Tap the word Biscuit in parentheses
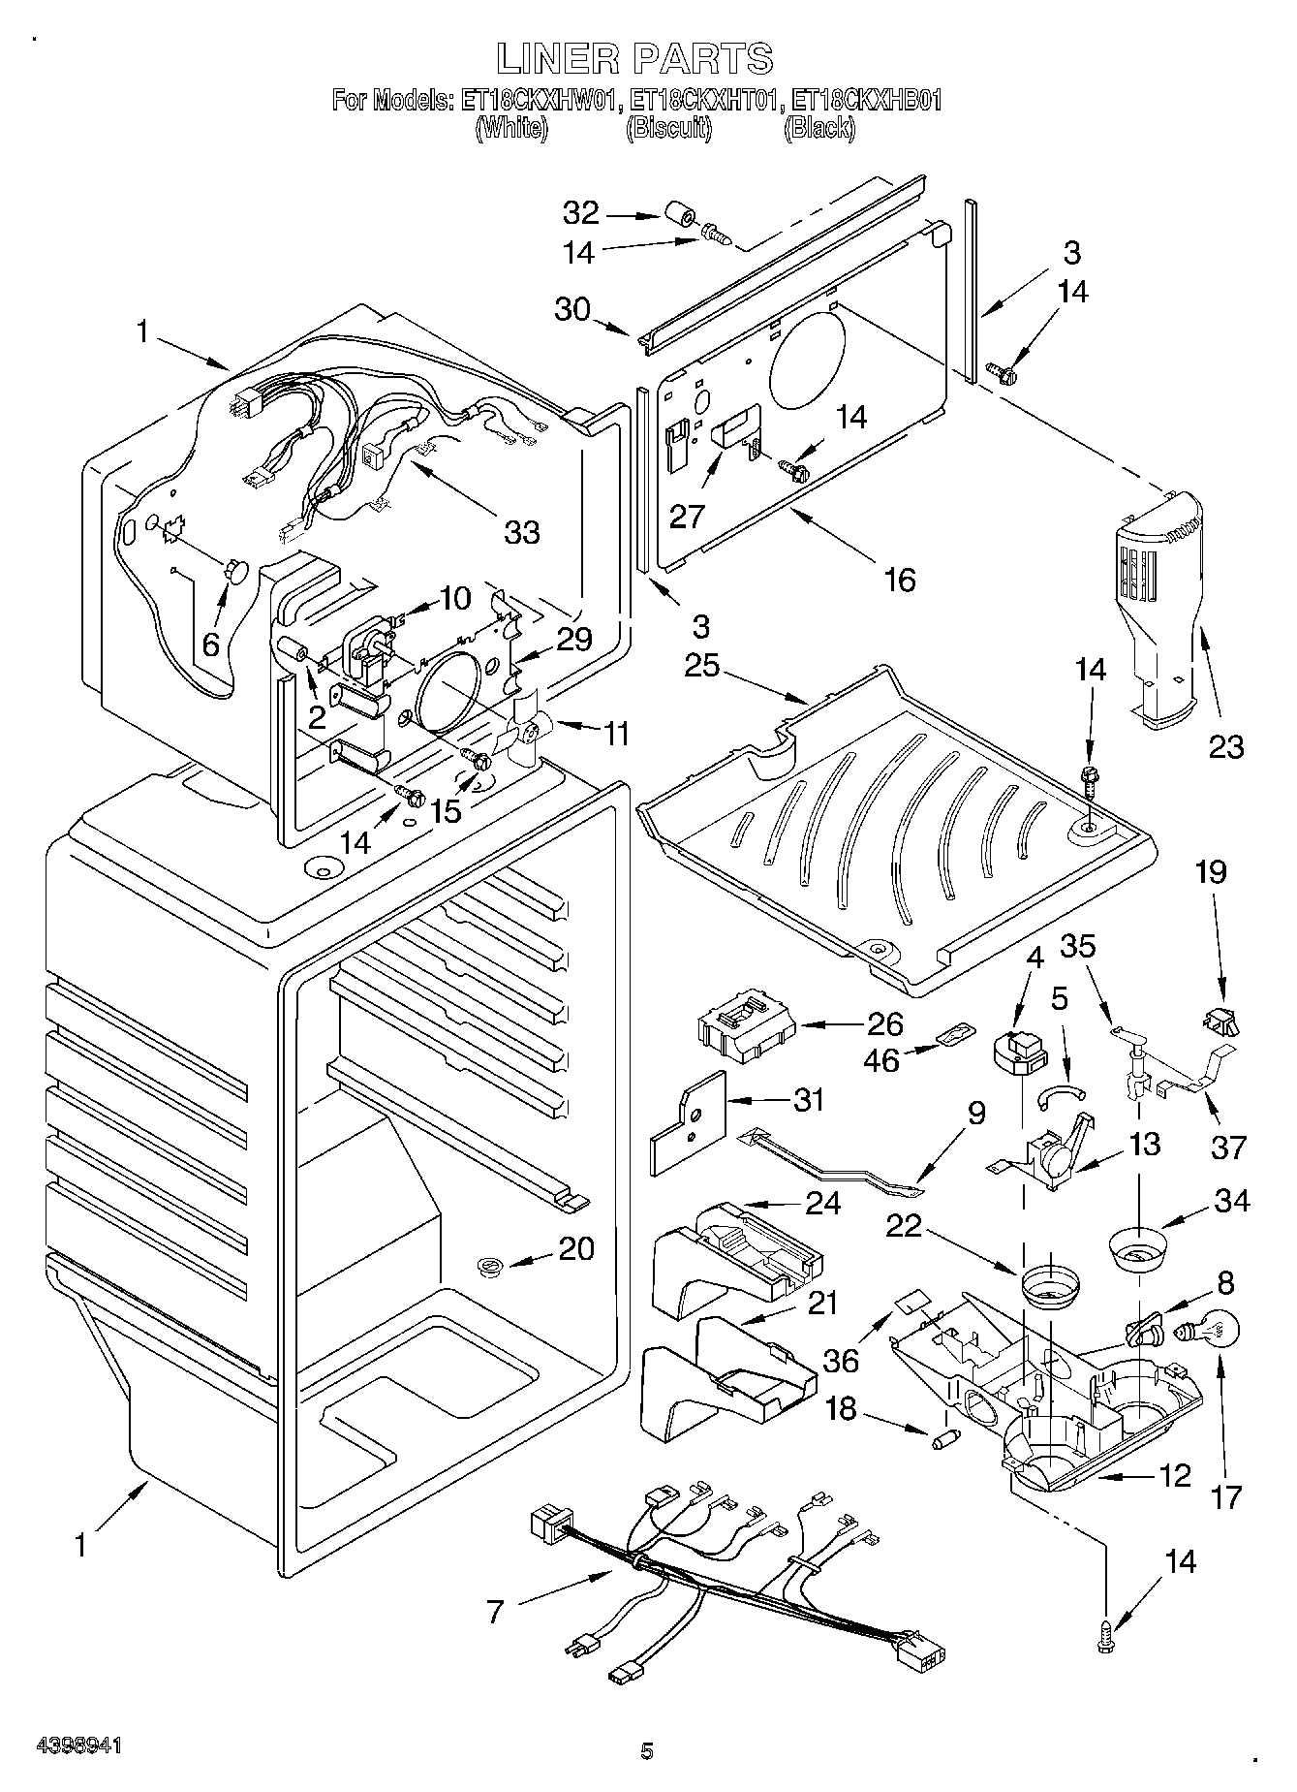click(x=668, y=128)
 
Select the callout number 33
click(x=522, y=532)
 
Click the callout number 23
click(x=1225, y=746)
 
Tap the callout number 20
click(x=576, y=1248)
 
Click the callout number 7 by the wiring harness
click(x=495, y=1612)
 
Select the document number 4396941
click(x=79, y=1745)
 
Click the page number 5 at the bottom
click(x=647, y=1750)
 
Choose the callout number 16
click(x=900, y=580)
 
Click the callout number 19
click(x=1211, y=872)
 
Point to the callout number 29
click(x=573, y=640)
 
